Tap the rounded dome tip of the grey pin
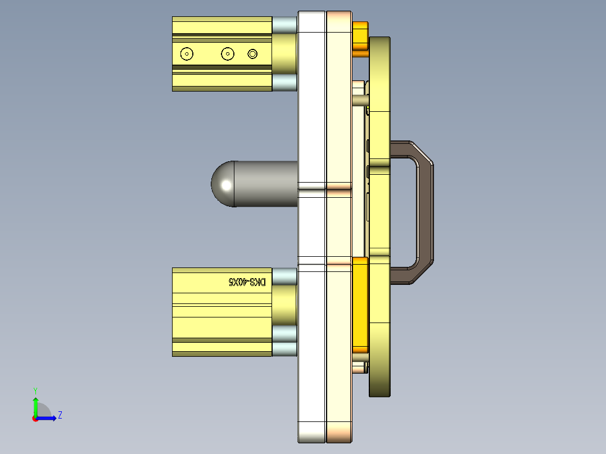[223, 184]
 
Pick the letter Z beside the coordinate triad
[60, 416]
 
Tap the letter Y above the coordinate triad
[35, 391]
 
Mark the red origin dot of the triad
[35, 418]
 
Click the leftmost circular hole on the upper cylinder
[187, 54]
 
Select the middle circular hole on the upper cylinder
[227, 54]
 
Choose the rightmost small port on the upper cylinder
[252, 54]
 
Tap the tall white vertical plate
[311, 225]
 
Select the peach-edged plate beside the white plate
[339, 225]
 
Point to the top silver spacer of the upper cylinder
[284, 24]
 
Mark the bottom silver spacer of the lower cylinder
[284, 349]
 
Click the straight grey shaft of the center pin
[264, 184]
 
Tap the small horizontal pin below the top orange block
[360, 100]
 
